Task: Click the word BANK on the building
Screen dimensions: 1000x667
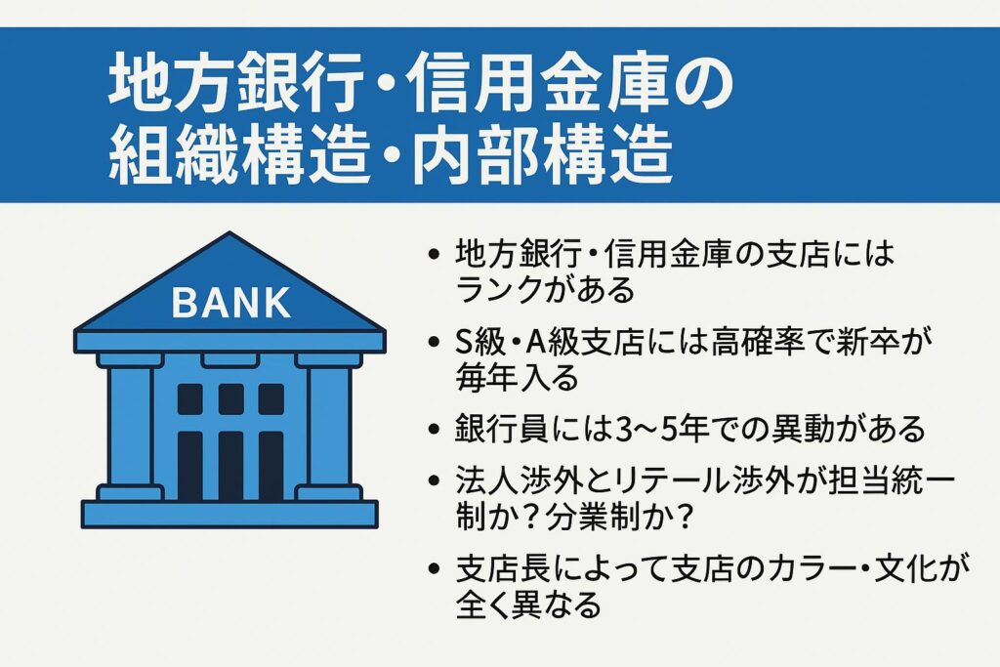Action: click(230, 303)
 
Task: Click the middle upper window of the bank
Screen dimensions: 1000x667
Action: click(230, 399)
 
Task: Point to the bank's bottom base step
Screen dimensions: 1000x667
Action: click(229, 514)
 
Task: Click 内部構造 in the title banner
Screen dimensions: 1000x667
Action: click(542, 155)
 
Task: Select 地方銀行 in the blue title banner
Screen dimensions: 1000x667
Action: click(236, 83)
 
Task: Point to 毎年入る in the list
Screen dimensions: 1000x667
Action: click(518, 378)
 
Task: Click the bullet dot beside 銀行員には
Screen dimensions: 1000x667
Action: click(435, 429)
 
